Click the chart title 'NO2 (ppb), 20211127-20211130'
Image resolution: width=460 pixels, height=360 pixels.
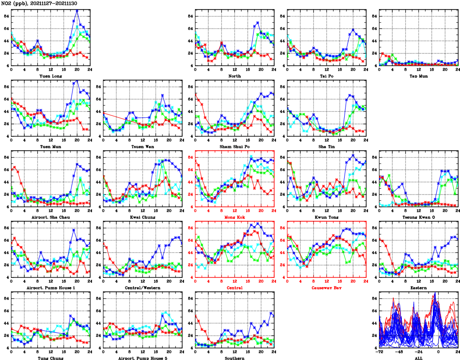click(39, 3)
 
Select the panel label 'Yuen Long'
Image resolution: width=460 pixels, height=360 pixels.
click(50, 76)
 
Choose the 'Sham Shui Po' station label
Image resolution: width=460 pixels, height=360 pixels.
click(234, 146)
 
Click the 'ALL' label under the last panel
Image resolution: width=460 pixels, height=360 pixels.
click(418, 358)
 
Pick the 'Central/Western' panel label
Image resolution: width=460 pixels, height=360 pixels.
click(142, 288)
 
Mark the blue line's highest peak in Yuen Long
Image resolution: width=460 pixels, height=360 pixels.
click(77, 10)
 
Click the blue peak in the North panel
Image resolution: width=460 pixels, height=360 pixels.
click(258, 22)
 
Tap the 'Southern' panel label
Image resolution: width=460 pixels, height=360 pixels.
click(234, 358)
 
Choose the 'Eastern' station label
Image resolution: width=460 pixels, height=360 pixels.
click(418, 288)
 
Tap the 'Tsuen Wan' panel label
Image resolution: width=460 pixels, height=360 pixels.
click(142, 146)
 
